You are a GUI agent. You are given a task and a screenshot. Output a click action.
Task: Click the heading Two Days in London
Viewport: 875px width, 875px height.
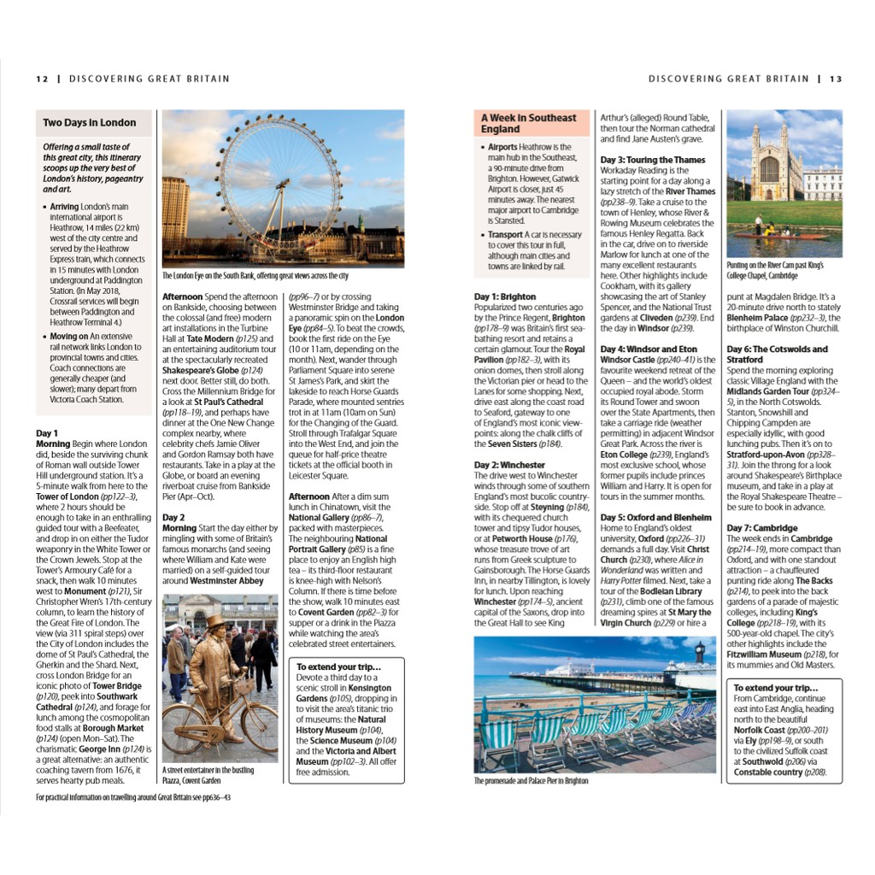[89, 123]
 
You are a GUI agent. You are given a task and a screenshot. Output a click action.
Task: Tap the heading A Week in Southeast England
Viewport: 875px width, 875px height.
[528, 123]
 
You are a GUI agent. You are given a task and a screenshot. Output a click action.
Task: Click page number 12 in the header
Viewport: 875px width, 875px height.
[42, 79]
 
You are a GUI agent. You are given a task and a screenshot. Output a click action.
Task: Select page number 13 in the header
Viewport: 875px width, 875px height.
[835, 79]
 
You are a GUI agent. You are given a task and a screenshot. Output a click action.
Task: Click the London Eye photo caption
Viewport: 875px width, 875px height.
[255, 276]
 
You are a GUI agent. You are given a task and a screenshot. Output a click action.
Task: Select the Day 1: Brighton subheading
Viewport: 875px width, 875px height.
[505, 297]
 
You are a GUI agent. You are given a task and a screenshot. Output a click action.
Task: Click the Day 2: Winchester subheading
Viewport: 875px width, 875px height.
[509, 465]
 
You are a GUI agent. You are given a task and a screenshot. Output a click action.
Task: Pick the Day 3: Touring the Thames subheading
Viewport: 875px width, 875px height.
[653, 160]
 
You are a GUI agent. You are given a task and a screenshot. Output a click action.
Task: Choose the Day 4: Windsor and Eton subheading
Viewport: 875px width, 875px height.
[649, 349]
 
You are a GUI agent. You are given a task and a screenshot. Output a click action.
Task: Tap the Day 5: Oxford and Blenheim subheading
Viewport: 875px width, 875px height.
[655, 518]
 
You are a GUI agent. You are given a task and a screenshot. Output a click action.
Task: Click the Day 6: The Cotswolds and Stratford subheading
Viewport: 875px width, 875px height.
[777, 355]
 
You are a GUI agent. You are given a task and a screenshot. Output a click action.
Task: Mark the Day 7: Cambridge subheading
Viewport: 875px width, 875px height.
[762, 528]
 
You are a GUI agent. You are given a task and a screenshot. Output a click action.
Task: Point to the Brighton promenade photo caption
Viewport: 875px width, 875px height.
[531, 781]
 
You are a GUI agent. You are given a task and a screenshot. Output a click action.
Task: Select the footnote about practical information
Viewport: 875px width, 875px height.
[133, 797]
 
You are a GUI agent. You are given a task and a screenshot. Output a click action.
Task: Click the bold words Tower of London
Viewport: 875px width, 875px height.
[68, 496]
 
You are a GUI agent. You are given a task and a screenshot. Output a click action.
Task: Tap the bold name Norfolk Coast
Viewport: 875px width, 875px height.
[768, 731]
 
